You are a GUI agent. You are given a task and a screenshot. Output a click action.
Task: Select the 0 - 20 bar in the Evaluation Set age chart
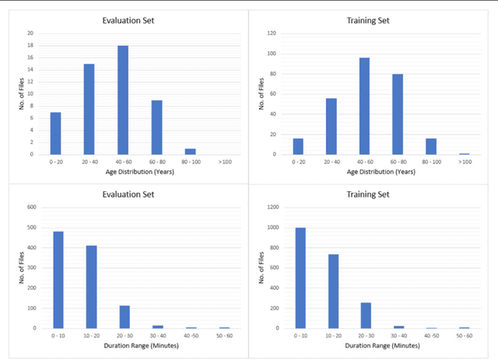point(55,133)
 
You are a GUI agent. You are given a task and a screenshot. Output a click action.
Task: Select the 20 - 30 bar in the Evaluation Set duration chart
point(125,316)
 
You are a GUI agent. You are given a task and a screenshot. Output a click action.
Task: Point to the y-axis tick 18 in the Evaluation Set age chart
point(30,45)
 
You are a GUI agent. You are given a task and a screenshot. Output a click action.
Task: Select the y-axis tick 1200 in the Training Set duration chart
point(271,207)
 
